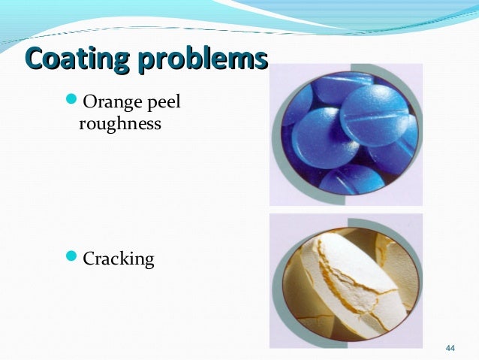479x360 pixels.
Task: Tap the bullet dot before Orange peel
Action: (x=72, y=101)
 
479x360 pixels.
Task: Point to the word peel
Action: (x=166, y=103)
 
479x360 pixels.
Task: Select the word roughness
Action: (x=119, y=123)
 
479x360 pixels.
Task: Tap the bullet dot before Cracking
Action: (x=72, y=259)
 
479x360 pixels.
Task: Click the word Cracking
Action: (x=118, y=261)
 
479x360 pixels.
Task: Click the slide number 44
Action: (x=450, y=347)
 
